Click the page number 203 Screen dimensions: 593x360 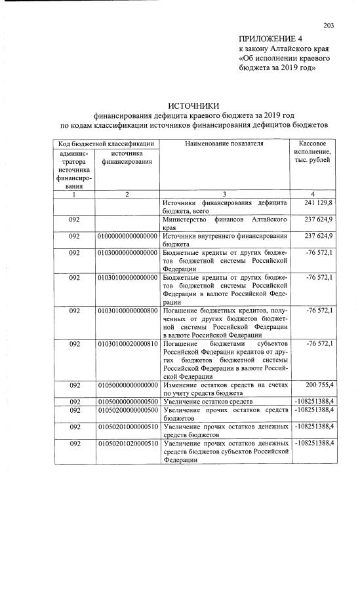click(329, 26)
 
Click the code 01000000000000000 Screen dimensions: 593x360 click(127, 236)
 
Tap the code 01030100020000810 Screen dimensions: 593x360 click(127, 343)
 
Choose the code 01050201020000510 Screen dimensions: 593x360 click(127, 444)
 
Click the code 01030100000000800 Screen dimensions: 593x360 click(127, 310)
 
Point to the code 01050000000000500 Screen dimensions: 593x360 click(127, 401)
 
